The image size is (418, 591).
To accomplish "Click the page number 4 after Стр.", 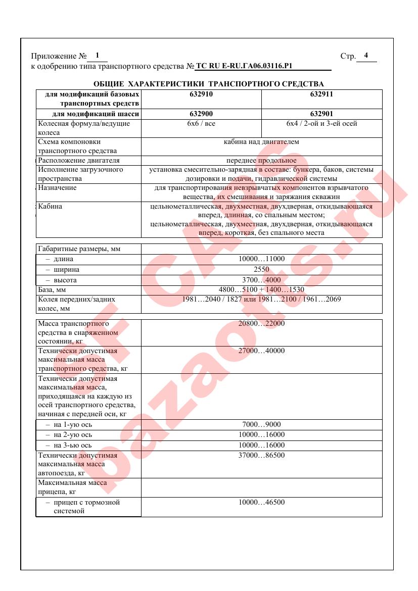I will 366,56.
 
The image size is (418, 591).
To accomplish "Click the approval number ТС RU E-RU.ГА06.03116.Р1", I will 244,66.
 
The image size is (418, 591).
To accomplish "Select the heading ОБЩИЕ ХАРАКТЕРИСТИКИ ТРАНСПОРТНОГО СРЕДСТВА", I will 209,83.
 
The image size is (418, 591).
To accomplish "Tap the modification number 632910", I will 201,94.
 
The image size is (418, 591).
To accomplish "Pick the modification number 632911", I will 321,94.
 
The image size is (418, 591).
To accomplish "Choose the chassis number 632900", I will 201,114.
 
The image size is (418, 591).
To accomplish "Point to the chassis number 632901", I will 321,114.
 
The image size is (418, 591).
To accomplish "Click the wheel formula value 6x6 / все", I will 201,123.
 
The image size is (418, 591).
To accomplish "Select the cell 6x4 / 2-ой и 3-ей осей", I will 321,123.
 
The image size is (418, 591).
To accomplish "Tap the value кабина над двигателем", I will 261,142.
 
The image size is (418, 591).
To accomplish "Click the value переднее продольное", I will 261,161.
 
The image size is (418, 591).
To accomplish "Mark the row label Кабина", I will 50,206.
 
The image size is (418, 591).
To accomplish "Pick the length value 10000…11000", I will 261,259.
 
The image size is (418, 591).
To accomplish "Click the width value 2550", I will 261,270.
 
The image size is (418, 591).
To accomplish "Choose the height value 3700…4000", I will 261,280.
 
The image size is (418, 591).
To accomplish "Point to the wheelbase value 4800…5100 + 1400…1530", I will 261,290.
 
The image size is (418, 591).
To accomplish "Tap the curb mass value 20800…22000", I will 261,323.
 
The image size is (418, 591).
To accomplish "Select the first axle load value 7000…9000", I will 261,424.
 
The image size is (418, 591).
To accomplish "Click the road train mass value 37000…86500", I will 261,456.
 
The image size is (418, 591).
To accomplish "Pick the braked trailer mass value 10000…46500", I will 261,503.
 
